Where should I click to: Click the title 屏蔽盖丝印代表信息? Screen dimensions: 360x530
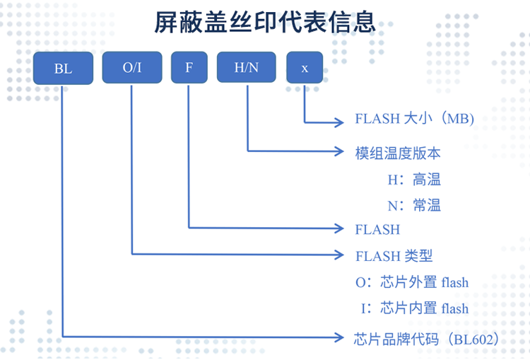(265, 23)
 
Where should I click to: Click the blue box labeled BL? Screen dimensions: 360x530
(63, 69)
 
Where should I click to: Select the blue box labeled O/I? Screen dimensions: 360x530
(132, 68)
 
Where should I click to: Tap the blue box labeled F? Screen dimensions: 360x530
(189, 68)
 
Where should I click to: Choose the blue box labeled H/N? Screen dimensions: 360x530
(247, 68)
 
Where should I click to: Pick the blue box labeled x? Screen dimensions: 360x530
(305, 68)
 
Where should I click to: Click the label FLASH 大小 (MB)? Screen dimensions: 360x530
(414, 119)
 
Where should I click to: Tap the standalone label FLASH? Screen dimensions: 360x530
(377, 229)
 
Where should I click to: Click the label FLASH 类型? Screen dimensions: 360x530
(394, 255)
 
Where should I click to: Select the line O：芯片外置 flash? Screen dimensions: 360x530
(412, 282)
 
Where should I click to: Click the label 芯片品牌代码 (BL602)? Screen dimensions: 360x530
(427, 339)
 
